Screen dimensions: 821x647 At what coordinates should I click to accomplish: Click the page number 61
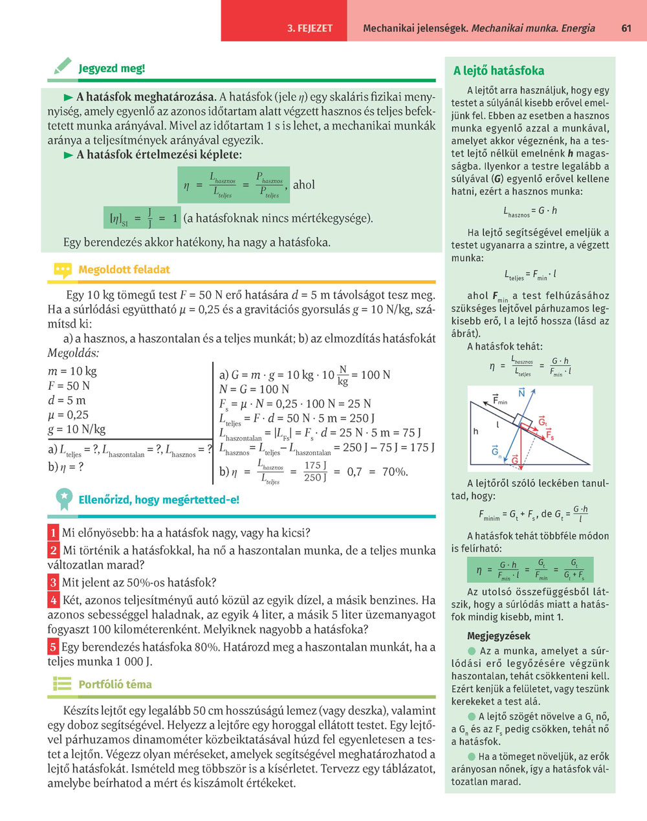click(x=626, y=28)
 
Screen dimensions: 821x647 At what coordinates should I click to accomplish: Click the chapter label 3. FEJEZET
click(x=310, y=28)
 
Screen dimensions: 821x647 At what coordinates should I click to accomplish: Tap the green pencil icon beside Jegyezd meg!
click(x=63, y=66)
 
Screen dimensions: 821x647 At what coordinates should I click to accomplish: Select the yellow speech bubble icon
click(x=62, y=269)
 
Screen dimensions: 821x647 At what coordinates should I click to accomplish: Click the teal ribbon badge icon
click(x=63, y=498)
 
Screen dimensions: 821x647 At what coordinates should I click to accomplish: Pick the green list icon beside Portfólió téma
click(x=62, y=684)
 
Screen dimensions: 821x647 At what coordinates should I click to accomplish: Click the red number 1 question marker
click(x=53, y=533)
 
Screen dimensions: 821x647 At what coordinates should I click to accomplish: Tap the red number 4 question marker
click(x=54, y=600)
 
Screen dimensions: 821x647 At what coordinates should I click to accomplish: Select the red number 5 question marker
click(x=53, y=646)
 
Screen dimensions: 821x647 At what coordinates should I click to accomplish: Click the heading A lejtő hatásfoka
click(x=498, y=71)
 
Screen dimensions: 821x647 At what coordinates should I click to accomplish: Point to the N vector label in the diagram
click(x=521, y=393)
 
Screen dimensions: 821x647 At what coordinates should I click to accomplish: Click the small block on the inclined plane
click(x=523, y=414)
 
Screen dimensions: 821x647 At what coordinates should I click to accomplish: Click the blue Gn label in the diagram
click(x=496, y=451)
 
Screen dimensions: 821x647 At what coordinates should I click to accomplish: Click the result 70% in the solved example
click(x=395, y=471)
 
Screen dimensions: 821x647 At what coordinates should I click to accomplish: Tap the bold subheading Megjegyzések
click(x=498, y=635)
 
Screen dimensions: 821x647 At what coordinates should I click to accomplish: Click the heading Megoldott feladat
click(x=124, y=269)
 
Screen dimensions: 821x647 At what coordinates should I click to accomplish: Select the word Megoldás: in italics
click(x=73, y=354)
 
